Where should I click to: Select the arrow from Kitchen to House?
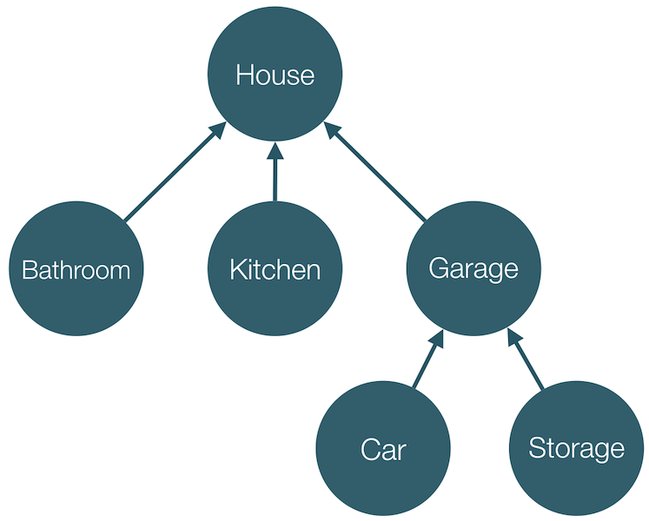pos(275,174)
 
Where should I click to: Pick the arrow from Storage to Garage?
pos(526,360)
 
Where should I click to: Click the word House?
pos(275,76)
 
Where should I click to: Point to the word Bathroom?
pos(76,270)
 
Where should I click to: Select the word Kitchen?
pos(275,270)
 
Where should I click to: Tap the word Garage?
pos(474,268)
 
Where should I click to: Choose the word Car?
pos(383,450)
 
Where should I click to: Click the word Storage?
pos(576,449)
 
